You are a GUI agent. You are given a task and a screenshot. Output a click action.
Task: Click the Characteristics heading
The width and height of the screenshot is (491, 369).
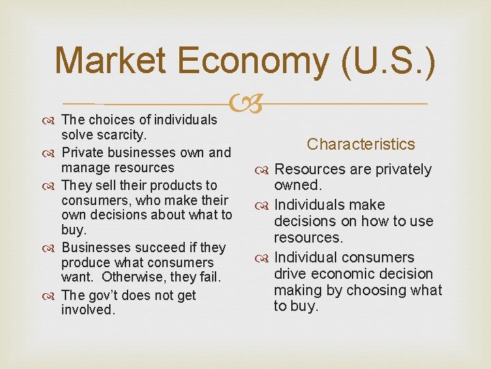361,144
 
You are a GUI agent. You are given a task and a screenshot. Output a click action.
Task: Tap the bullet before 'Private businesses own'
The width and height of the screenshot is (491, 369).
53,152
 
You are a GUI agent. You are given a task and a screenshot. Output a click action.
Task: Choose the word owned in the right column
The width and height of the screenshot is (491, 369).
297,185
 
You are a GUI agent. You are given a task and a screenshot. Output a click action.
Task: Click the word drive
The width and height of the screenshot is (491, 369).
291,273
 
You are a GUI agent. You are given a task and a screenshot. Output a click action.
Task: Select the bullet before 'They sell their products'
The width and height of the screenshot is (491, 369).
53,186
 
